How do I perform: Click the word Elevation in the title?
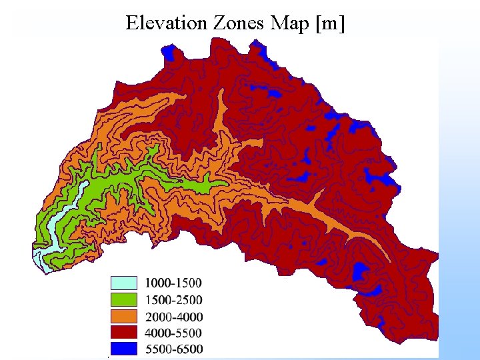167,23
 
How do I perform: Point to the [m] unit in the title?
331,23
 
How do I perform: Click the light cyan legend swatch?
123,283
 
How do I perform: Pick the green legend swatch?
123,299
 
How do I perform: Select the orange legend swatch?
123,316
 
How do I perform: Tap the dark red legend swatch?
123,332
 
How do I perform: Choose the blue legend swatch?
123,348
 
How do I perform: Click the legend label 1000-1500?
173,283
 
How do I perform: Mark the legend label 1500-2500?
173,300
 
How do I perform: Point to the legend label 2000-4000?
173,316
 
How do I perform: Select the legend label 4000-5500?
173,332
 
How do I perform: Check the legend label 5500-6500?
173,349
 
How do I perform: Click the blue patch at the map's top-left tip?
173,51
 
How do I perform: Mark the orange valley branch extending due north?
222,117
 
